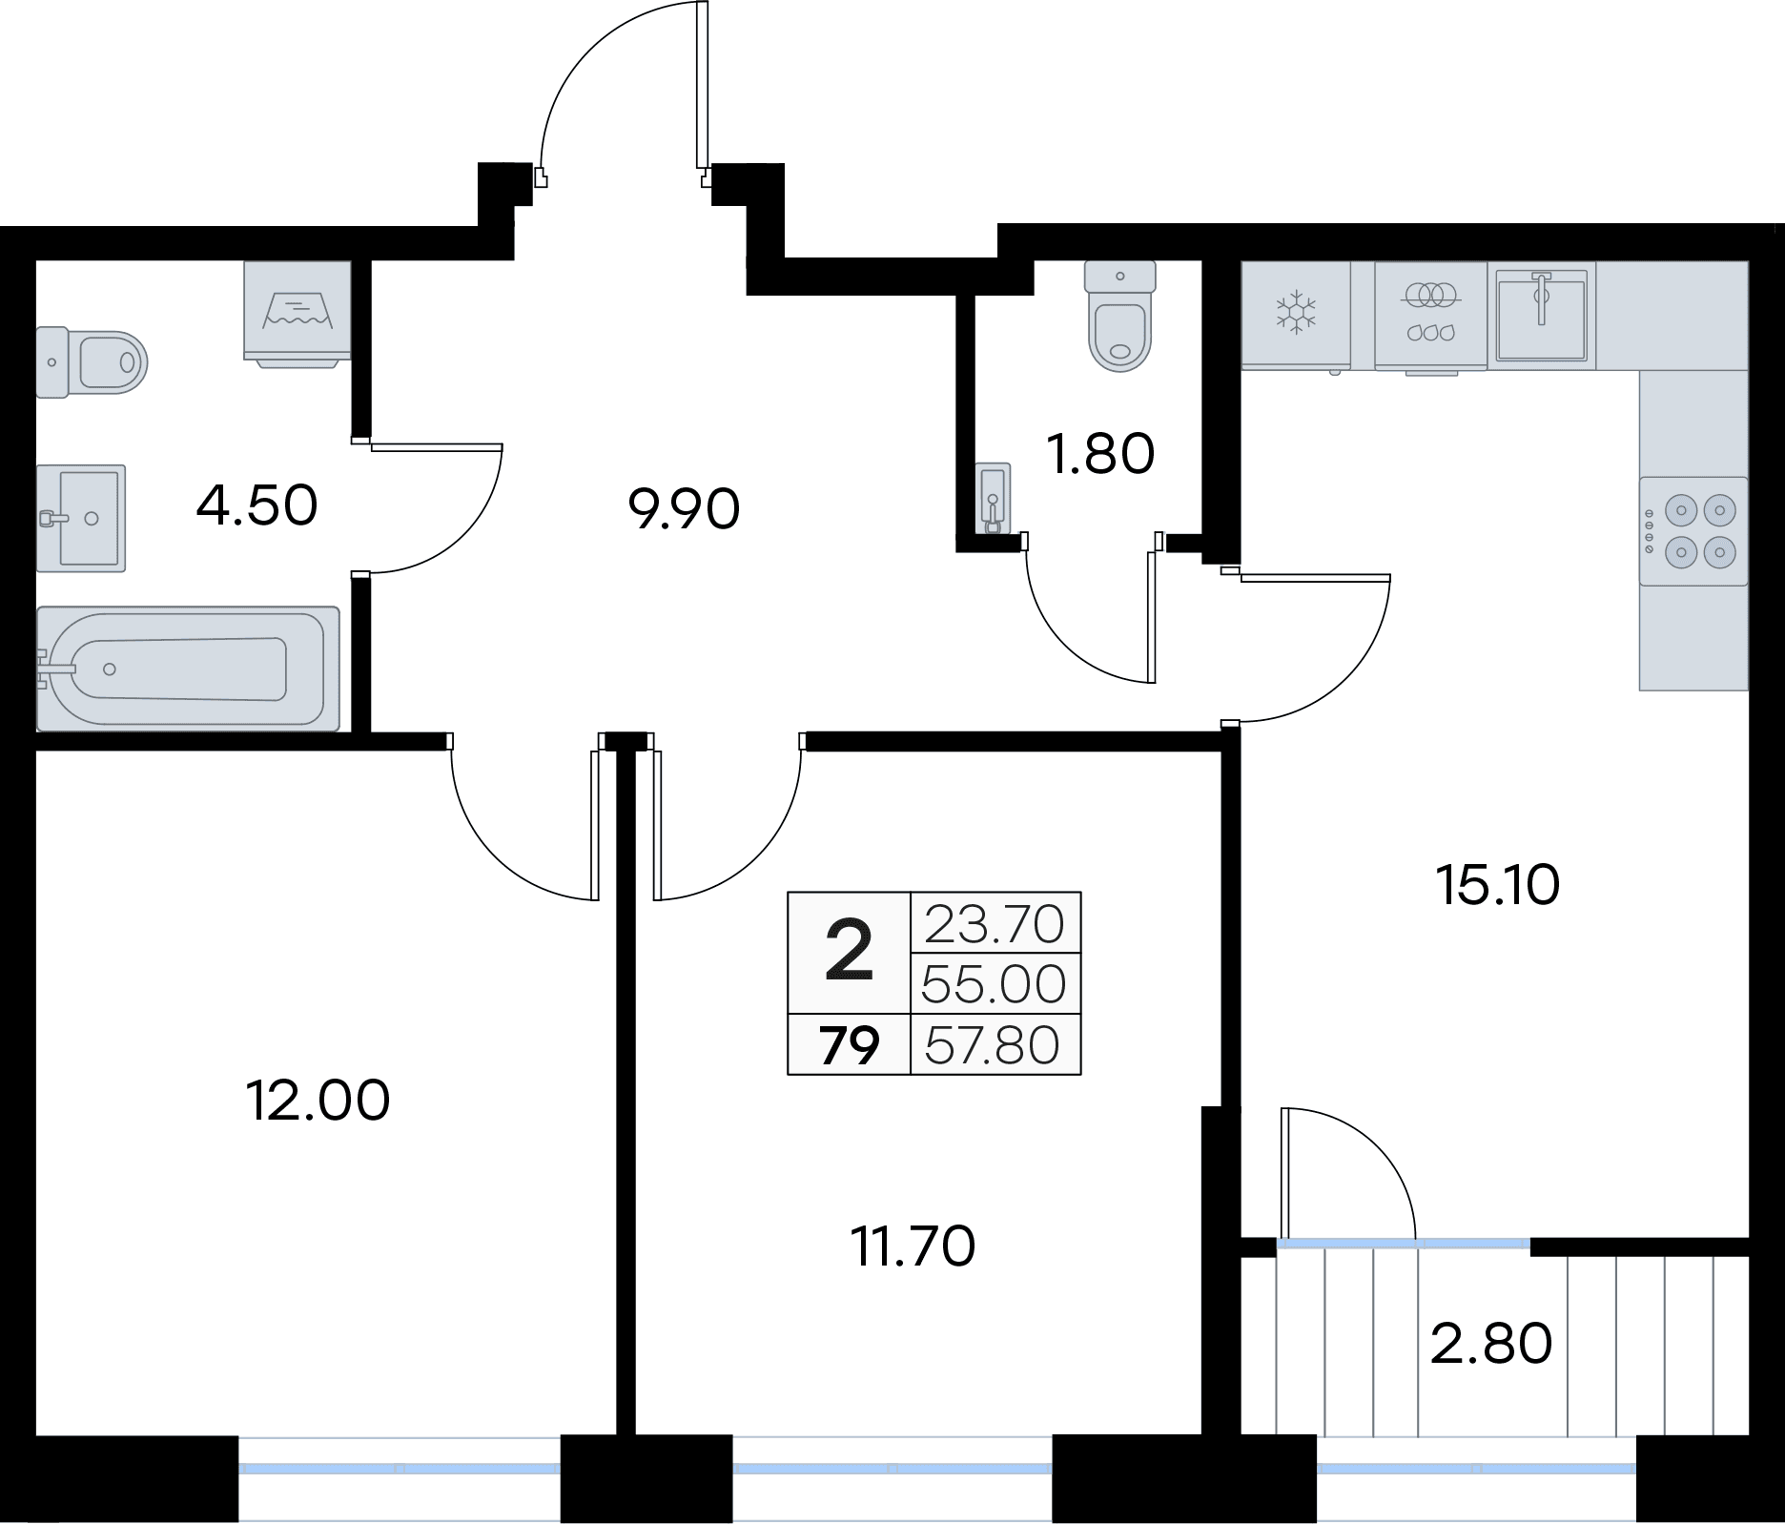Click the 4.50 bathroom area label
[256, 505]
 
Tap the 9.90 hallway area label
[684, 510]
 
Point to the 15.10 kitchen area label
[1497, 886]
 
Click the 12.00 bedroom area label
[318, 1101]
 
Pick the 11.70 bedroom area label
[913, 1246]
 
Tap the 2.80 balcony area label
[1491, 1344]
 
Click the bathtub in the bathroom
[188, 669]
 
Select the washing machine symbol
[297, 313]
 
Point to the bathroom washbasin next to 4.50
[81, 518]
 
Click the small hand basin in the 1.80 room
[994, 498]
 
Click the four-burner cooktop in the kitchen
[1693, 530]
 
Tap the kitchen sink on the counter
[1541, 315]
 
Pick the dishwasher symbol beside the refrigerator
[1430, 315]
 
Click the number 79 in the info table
[850, 1045]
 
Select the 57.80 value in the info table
[992, 1045]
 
